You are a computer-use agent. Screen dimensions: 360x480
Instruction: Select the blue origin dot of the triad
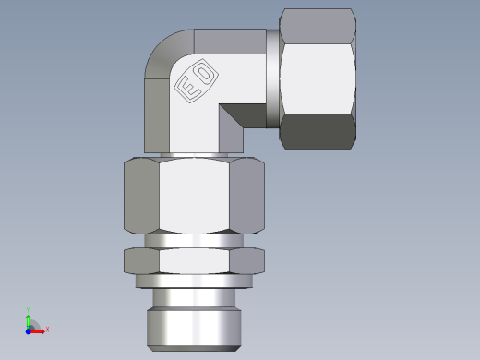[x=29, y=329]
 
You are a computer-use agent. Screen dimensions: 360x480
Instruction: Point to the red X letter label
[x=47, y=329]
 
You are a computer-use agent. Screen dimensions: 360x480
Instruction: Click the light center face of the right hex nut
[x=318, y=78]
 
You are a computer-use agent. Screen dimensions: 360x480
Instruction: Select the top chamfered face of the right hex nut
[x=318, y=22]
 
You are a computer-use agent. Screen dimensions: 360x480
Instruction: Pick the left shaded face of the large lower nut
[x=141, y=197]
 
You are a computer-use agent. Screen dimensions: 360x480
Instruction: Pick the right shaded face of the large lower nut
[x=247, y=197]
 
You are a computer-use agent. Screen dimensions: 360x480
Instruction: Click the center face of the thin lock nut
[x=194, y=261]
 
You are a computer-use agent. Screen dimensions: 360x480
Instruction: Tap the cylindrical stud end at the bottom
[x=194, y=318]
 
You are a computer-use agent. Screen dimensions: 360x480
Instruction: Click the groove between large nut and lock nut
[x=194, y=241]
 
